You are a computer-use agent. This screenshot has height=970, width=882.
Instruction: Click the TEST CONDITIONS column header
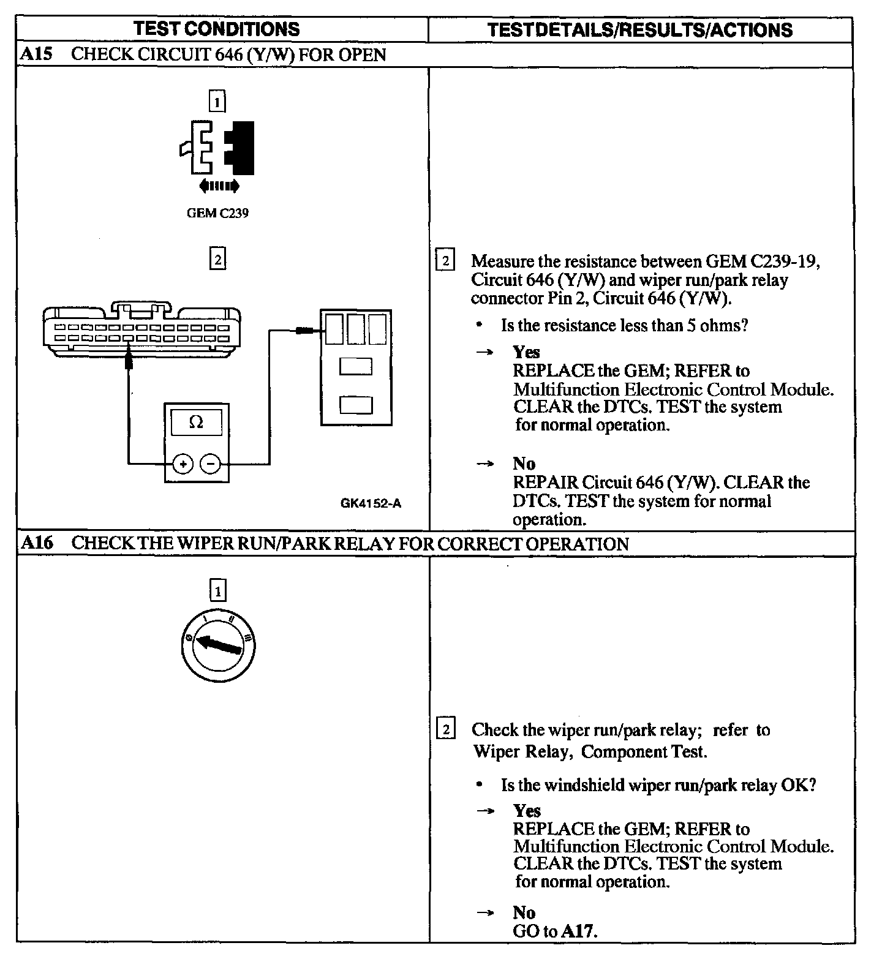[x=217, y=29]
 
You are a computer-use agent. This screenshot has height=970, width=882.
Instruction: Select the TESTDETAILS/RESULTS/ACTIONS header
[x=640, y=30]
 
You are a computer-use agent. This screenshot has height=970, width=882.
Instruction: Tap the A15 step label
[x=37, y=54]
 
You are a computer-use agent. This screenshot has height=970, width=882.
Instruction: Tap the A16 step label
[x=37, y=543]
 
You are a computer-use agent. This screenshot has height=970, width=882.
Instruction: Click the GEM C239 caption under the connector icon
[x=217, y=213]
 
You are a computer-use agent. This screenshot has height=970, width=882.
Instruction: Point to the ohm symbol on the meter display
[x=196, y=422]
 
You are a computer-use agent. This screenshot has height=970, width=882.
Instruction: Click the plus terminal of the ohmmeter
[x=183, y=464]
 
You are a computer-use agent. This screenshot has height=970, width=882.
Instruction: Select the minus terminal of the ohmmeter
[x=211, y=464]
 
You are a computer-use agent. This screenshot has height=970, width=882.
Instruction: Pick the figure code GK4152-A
[x=371, y=503]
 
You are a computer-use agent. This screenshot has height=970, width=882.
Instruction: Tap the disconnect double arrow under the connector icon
[x=219, y=186]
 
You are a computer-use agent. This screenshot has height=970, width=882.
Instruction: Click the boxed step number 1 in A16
[x=217, y=591]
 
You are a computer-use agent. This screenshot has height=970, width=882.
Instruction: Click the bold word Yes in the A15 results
[x=526, y=352]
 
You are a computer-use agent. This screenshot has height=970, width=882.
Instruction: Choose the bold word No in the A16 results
[x=524, y=912]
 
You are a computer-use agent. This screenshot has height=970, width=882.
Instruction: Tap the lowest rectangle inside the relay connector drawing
[x=356, y=405]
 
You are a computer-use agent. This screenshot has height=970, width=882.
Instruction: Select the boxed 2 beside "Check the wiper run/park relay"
[x=445, y=729]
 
